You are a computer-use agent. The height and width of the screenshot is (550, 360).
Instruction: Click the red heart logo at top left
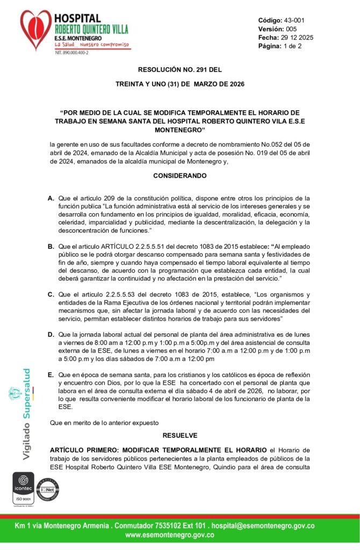pyautogui.click(x=36, y=30)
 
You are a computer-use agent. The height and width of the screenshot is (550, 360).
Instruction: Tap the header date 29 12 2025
pyautogui.click(x=297, y=38)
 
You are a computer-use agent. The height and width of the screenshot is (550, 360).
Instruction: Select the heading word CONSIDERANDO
pyautogui.click(x=179, y=176)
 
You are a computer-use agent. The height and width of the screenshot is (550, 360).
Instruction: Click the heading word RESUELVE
pyautogui.click(x=179, y=435)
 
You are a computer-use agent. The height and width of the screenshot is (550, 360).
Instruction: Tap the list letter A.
pyautogui.click(x=51, y=198)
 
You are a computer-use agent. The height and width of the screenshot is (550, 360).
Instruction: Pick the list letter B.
pyautogui.click(x=51, y=247)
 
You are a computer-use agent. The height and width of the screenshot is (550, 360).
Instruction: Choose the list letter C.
pyautogui.click(x=51, y=295)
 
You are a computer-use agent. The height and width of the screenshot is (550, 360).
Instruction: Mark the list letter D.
pyautogui.click(x=51, y=335)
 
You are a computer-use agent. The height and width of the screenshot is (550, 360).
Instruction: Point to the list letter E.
pyautogui.click(x=51, y=374)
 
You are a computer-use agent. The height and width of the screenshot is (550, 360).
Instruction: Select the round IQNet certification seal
pyautogui.click(x=47, y=489)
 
